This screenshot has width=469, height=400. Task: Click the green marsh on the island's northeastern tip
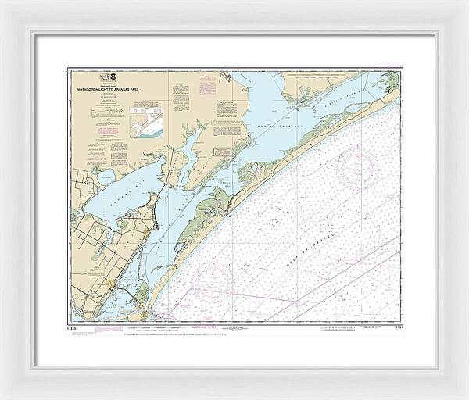(387, 82)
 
